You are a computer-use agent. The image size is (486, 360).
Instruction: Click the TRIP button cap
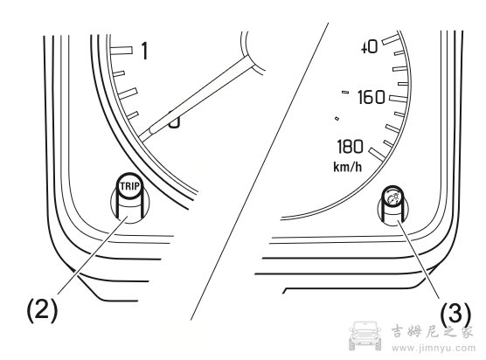point(130,186)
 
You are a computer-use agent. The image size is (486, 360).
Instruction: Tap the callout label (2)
point(43,310)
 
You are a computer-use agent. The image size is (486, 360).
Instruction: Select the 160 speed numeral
point(371,97)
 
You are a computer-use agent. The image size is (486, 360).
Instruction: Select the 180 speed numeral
point(350,147)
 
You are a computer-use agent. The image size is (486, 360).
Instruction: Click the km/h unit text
point(347,167)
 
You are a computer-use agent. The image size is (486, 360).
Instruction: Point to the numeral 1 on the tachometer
point(144,51)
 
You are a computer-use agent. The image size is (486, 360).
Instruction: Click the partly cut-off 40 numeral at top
point(370,47)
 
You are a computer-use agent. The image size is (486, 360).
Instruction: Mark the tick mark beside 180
point(377,155)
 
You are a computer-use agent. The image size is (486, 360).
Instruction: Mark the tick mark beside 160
point(399,99)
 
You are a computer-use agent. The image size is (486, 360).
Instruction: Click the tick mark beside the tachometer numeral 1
point(121,50)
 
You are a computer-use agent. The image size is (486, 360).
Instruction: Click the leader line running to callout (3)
point(419,259)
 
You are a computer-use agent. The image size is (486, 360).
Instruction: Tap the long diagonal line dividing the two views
point(260,171)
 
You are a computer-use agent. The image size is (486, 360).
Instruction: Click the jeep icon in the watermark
point(365,336)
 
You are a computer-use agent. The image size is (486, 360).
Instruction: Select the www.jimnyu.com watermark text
point(433,348)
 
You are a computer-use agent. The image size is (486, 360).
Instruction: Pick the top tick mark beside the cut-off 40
point(390,39)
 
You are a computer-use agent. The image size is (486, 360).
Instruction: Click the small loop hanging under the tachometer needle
point(174,121)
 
